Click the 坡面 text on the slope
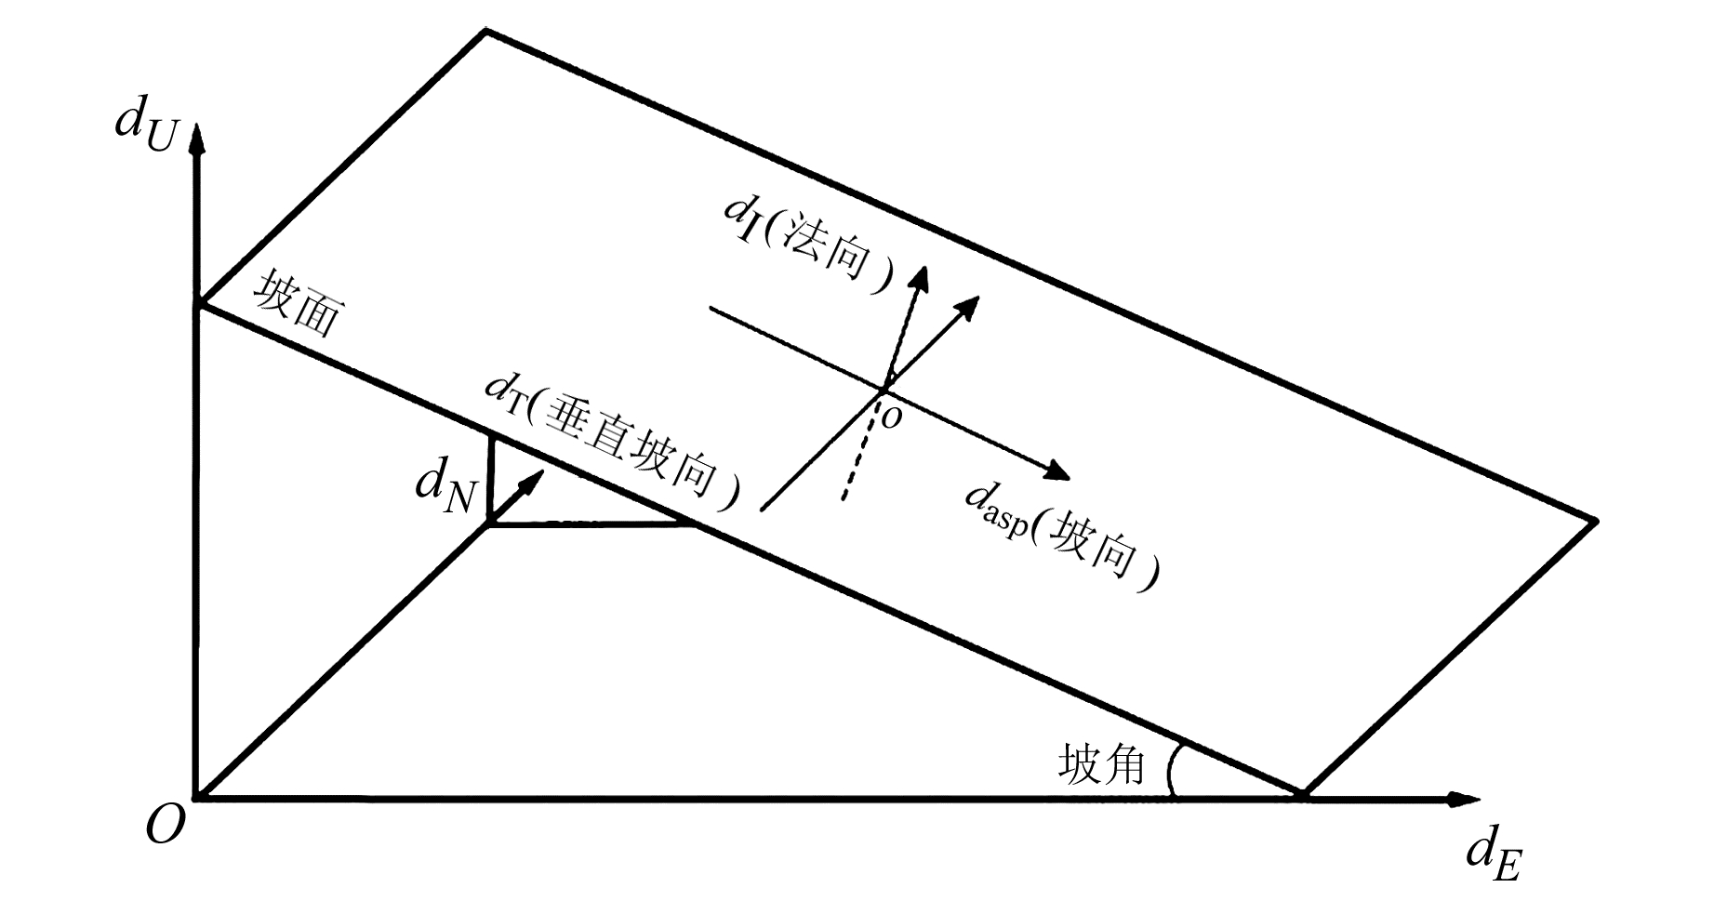tap(297, 304)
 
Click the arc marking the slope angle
tap(1171, 771)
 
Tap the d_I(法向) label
tap(807, 244)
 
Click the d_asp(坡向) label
tap(1062, 542)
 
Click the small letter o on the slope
tap(891, 419)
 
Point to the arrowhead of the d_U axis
tap(195, 139)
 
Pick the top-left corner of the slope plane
tap(485, 32)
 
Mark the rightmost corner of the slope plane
tap(1596, 521)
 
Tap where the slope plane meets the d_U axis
tap(196, 305)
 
